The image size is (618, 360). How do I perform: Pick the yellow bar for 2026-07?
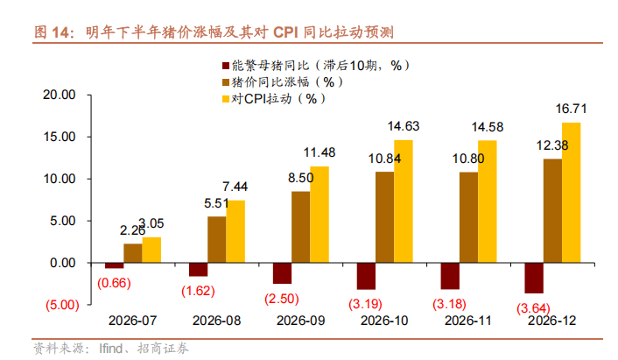pyautogui.click(x=151, y=251)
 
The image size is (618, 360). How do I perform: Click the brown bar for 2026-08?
pyautogui.click(x=217, y=239)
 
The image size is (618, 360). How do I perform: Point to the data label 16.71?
pyautogui.click(x=572, y=109)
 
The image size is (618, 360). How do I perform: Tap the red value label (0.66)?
pyautogui.click(x=113, y=282)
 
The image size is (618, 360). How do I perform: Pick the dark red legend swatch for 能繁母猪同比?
pyautogui.click(x=224, y=65)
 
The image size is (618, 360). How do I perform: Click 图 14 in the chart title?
pyautogui.click(x=52, y=33)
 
